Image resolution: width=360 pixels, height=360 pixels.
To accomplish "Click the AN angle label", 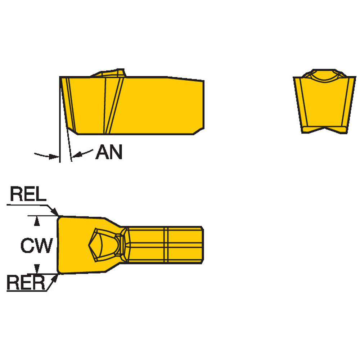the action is (x=109, y=152).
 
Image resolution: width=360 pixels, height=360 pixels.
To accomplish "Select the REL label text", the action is (x=28, y=194).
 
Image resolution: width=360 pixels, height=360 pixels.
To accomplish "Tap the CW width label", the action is (x=37, y=246).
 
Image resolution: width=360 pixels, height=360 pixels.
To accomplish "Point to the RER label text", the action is (x=26, y=283).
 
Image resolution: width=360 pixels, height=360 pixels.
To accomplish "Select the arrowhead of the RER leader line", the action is (x=55, y=279).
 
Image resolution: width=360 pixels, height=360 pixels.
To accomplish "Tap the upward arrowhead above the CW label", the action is (x=37, y=221).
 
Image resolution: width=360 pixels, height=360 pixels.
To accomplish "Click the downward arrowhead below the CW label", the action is (x=37, y=269).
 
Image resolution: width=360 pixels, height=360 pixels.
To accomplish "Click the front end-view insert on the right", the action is (x=324, y=101).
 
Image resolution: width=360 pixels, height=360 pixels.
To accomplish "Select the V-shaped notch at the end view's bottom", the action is (x=324, y=130).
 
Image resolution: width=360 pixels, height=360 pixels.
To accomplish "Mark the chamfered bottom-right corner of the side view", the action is (x=199, y=131).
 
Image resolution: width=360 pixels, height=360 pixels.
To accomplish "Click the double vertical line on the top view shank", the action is (x=166, y=245).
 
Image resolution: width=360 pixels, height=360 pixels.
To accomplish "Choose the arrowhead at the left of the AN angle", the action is (x=54, y=157).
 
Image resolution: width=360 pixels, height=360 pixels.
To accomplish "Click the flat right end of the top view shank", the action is (x=203, y=245).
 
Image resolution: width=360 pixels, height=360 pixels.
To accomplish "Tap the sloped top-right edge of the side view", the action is (x=185, y=78).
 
